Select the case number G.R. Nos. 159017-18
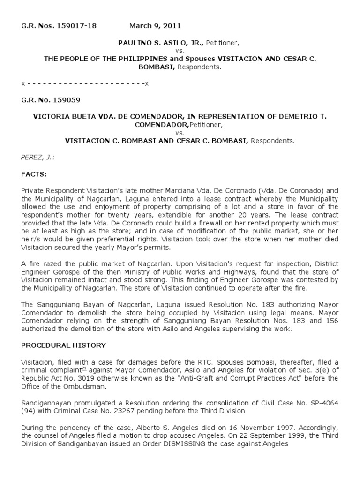(59, 26)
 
